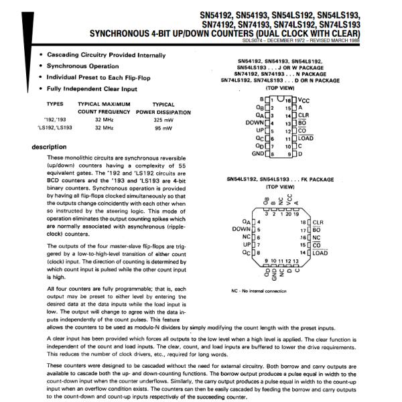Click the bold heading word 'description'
point(50,147)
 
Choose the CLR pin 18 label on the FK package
point(318,221)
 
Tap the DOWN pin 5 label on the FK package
point(241,228)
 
